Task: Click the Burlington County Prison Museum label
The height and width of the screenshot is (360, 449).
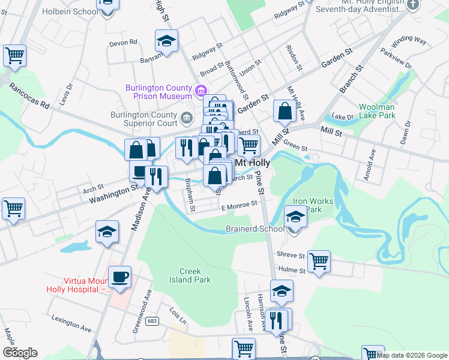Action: [158, 92]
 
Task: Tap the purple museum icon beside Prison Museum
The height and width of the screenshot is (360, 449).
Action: [202, 92]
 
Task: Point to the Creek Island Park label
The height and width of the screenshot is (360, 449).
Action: [190, 275]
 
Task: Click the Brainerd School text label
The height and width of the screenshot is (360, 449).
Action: [255, 229]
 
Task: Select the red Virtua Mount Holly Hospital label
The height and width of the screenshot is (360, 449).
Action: [76, 284]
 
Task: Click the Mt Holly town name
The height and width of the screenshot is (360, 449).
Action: [253, 163]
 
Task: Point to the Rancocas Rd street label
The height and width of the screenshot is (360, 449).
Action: [29, 96]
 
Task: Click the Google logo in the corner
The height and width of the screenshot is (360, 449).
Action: [20, 353]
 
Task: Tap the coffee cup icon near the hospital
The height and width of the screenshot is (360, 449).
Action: [120, 277]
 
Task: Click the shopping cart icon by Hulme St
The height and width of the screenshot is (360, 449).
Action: [319, 261]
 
